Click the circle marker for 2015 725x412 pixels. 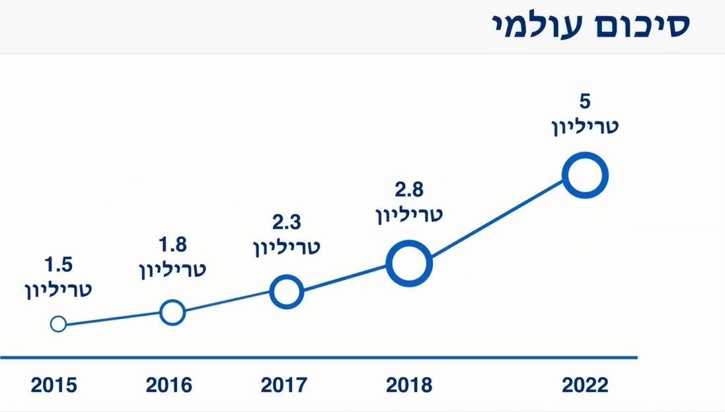58,324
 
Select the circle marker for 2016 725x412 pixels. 172,312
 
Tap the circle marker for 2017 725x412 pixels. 287,291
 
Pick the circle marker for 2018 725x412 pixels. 409,263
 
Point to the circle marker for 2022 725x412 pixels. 585,175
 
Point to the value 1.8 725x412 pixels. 172,245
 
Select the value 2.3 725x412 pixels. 287,223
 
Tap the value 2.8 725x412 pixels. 409,190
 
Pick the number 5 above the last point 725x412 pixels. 585,102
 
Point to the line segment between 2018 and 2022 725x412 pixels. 497,219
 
